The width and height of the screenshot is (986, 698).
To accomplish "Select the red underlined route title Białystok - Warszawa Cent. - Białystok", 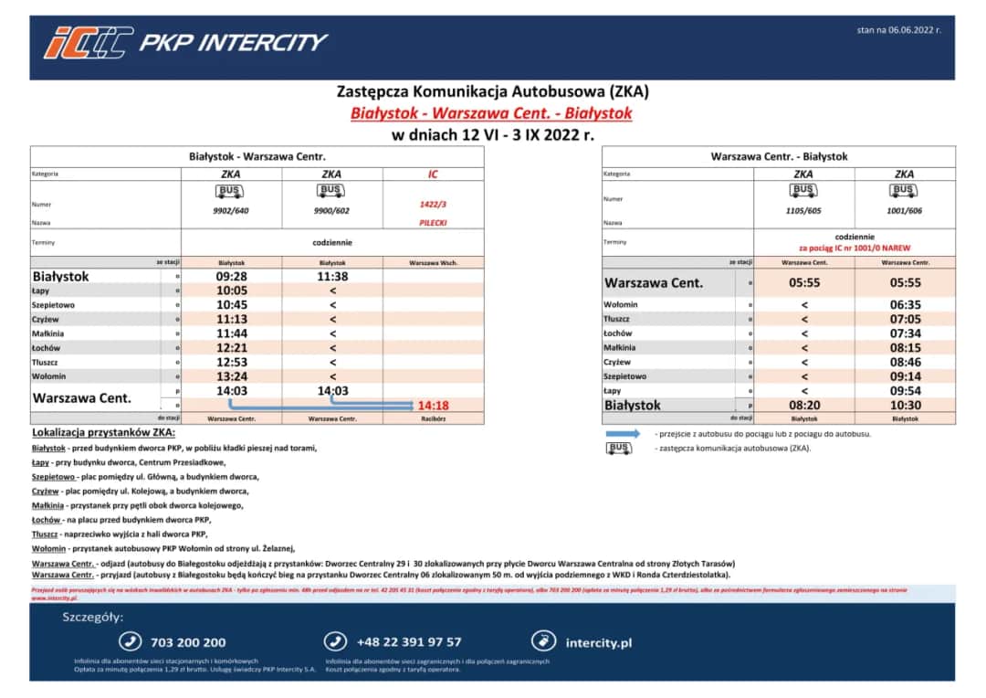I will [x=491, y=114].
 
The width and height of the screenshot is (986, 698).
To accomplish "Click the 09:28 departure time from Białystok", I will [x=231, y=276].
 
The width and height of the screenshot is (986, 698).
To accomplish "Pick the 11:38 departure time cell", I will [x=332, y=276].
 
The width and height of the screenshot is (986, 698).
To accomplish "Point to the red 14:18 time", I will [x=434, y=405].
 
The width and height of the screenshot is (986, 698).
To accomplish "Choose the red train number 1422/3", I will [x=433, y=205].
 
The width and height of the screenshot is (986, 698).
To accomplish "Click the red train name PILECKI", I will [x=433, y=222].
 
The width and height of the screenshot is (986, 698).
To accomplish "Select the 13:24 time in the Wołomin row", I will [x=231, y=376].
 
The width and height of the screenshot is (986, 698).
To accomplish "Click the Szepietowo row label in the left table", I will [x=54, y=305].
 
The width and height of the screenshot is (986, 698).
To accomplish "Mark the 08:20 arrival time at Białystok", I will [x=803, y=405].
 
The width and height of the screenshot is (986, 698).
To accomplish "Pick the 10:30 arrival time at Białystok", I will [x=905, y=405].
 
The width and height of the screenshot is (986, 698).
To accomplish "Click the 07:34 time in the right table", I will [x=905, y=333].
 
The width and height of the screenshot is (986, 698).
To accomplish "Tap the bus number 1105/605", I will [x=803, y=211].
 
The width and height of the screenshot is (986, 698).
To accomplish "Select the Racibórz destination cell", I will [x=434, y=418].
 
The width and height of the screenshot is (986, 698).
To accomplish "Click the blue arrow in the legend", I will [x=624, y=434].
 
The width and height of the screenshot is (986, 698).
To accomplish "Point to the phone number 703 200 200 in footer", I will [x=187, y=642].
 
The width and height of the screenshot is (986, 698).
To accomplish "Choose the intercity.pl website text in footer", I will [x=598, y=642].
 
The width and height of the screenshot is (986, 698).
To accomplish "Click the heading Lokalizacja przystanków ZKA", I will [x=103, y=432].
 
